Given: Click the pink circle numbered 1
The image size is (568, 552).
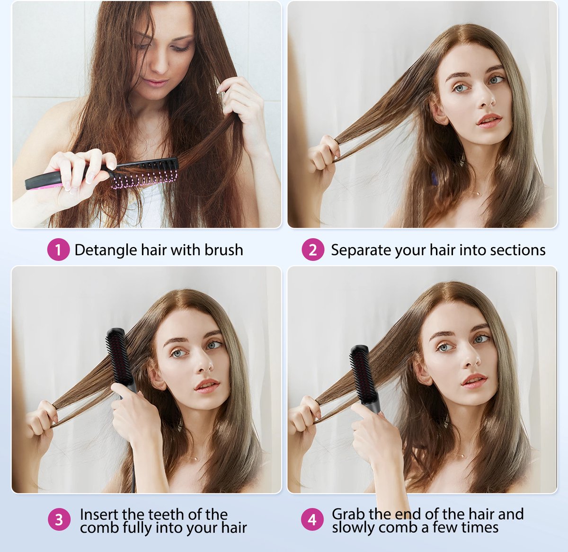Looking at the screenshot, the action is pyautogui.click(x=58, y=249).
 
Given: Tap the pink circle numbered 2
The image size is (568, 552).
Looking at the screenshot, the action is pyautogui.click(x=313, y=249).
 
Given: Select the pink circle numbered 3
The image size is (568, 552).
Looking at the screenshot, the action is pyautogui.click(x=59, y=519).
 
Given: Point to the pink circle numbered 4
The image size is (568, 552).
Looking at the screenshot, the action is pyautogui.click(x=312, y=519).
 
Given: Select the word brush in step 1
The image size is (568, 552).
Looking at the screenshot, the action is pyautogui.click(x=223, y=250).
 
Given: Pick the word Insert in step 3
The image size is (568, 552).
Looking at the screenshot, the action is pyautogui.click(x=99, y=514).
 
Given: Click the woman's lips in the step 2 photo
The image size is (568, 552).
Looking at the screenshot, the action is pyautogui.click(x=488, y=121).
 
